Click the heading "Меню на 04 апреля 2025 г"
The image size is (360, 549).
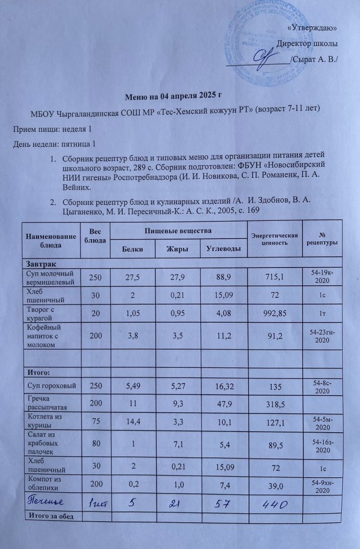(x=174, y=97)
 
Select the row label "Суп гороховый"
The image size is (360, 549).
(x=48, y=386)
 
